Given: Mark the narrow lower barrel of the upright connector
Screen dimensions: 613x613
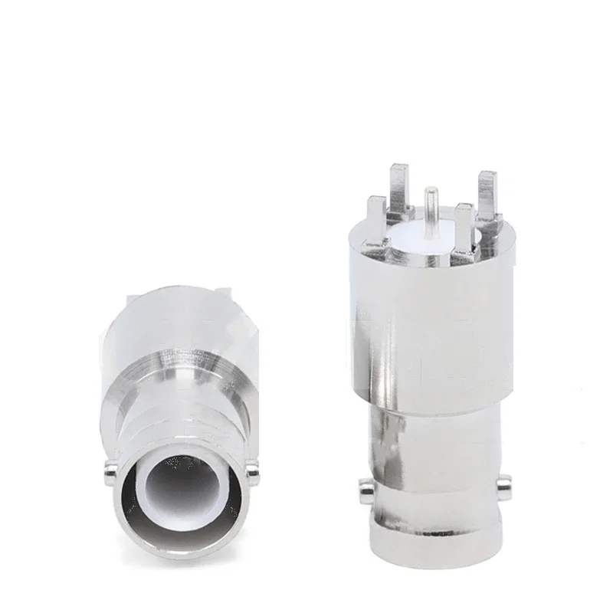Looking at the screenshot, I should pyautogui.click(x=433, y=444).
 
